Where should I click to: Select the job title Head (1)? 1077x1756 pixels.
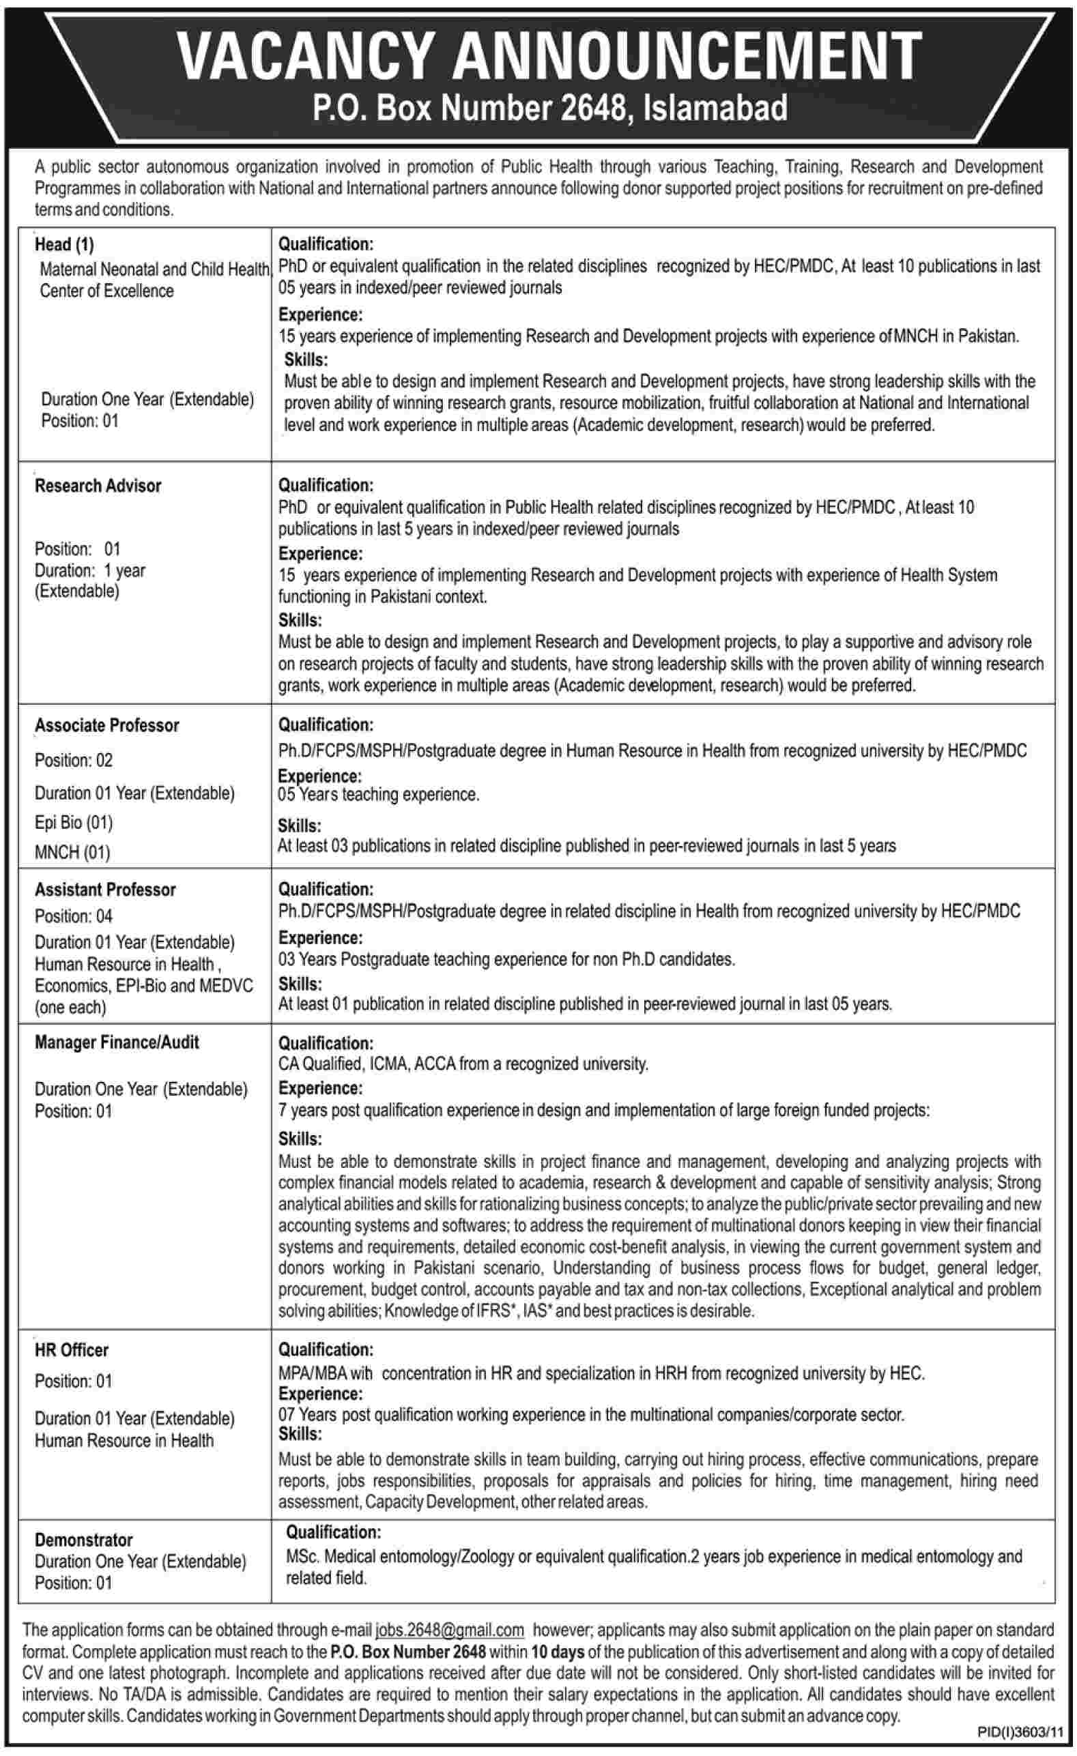(64, 244)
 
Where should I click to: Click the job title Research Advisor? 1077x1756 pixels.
(98, 485)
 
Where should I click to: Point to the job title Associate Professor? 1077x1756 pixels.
(107, 725)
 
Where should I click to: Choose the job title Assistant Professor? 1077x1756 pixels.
(105, 890)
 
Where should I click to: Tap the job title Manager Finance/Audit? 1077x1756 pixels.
(117, 1042)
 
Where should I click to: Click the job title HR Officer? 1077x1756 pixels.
(71, 1350)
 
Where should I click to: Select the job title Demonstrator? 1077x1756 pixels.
(83, 1540)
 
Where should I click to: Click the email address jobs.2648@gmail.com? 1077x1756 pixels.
(450, 1630)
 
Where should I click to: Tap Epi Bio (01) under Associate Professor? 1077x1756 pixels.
(74, 823)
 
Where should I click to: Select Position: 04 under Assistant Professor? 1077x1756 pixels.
(74, 916)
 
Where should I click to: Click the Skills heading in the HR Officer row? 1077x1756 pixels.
(300, 1433)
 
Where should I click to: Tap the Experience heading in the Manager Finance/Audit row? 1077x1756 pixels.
(320, 1088)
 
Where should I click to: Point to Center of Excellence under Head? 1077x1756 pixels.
(106, 291)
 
